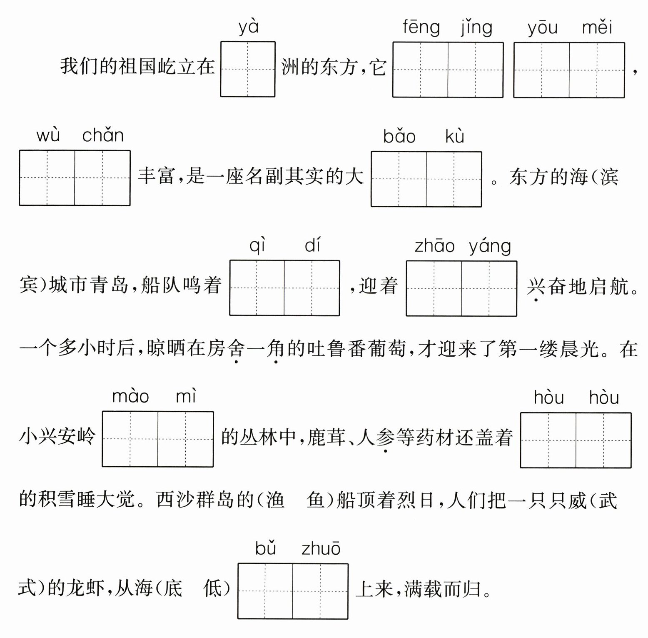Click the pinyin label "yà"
point(248,28)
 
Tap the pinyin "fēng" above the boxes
point(421,28)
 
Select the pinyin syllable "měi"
point(597,28)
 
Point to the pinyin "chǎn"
point(103,136)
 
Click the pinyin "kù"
point(454,137)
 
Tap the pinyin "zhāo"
point(434,246)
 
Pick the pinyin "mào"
point(130,396)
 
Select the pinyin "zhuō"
point(321,549)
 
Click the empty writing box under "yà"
point(248,69)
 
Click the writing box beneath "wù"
point(47,178)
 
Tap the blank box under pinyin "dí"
point(312,288)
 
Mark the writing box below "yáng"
point(489,288)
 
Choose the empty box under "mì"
point(186,439)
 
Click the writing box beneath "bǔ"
point(265,591)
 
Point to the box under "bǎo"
point(399,179)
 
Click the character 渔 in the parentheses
point(275,500)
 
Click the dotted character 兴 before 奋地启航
point(536,286)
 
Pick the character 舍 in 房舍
point(236,348)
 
